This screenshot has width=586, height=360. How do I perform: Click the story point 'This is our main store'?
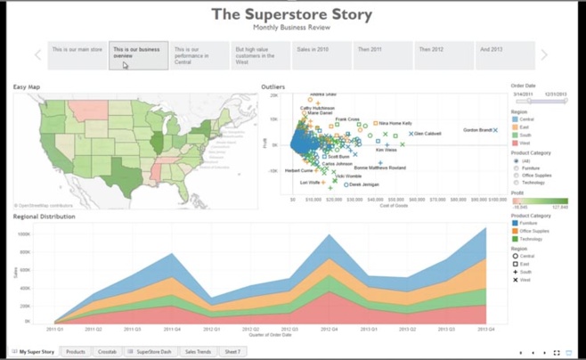click(x=77, y=55)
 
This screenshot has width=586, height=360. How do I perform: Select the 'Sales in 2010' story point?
click(x=321, y=55)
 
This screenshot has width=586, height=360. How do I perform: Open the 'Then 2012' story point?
click(x=443, y=55)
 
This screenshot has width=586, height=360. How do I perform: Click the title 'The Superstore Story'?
click(x=292, y=14)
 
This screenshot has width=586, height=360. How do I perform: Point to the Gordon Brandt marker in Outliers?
click(x=495, y=131)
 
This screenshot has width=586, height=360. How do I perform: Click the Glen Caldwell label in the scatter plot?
click(x=427, y=134)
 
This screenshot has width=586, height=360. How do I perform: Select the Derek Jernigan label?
click(x=363, y=184)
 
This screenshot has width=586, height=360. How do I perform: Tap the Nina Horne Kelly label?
click(x=396, y=123)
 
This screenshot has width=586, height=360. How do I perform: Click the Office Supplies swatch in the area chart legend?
click(x=515, y=231)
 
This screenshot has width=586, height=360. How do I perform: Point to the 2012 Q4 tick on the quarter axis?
click(x=329, y=329)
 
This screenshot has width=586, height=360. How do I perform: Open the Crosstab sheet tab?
click(x=107, y=352)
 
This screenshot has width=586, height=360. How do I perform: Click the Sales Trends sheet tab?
click(x=198, y=352)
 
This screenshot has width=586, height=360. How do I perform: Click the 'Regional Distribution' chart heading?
click(x=45, y=217)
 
